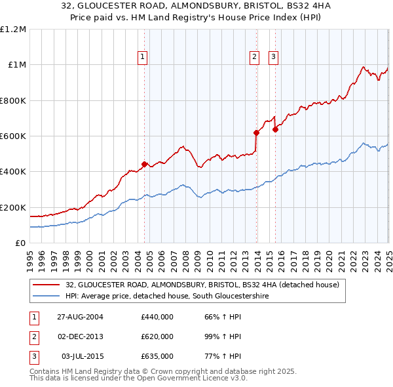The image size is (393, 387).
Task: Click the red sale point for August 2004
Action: tap(144, 164)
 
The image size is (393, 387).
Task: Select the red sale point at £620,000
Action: tap(256, 132)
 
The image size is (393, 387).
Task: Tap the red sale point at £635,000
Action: tap(275, 129)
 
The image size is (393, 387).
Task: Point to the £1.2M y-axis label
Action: tap(13, 30)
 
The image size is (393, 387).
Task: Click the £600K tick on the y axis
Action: tap(13, 136)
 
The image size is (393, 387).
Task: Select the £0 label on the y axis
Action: tap(21, 243)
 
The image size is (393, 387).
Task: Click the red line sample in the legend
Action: tap(46, 285)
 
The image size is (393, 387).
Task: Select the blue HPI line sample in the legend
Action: tap(46, 296)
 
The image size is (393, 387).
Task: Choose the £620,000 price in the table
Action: tap(157, 336)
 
